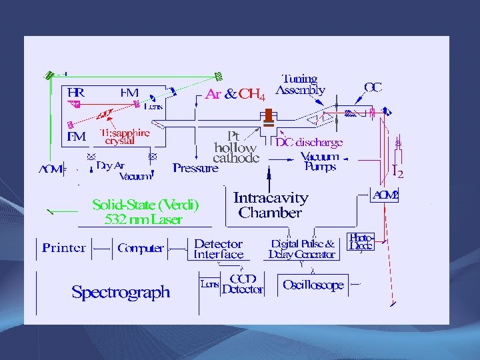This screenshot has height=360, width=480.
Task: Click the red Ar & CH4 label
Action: click(x=235, y=95)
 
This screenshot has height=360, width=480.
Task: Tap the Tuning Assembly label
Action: click(x=300, y=85)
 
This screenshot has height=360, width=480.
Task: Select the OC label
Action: click(x=373, y=87)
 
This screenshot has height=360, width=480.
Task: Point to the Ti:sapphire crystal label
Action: click(x=125, y=137)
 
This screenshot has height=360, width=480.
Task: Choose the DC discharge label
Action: click(x=309, y=142)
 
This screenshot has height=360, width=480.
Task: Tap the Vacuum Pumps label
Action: click(x=320, y=162)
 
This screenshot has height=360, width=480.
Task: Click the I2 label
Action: click(x=397, y=173)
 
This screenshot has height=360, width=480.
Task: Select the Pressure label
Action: click(x=195, y=168)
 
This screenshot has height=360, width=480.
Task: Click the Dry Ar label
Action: click(x=110, y=165)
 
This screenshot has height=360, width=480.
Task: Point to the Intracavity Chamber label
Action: click(x=270, y=205)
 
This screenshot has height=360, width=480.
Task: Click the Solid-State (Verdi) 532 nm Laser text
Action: click(x=145, y=211)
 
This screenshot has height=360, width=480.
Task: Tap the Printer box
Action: click(x=64, y=248)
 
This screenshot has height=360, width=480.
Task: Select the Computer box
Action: click(x=140, y=248)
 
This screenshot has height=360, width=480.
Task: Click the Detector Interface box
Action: click(x=218, y=249)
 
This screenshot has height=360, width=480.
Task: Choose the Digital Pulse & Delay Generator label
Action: click(x=302, y=249)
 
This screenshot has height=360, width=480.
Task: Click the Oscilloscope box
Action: click(x=313, y=285)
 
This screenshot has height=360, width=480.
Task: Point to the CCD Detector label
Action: click(x=242, y=284)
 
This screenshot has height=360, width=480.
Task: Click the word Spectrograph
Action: click(x=121, y=292)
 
